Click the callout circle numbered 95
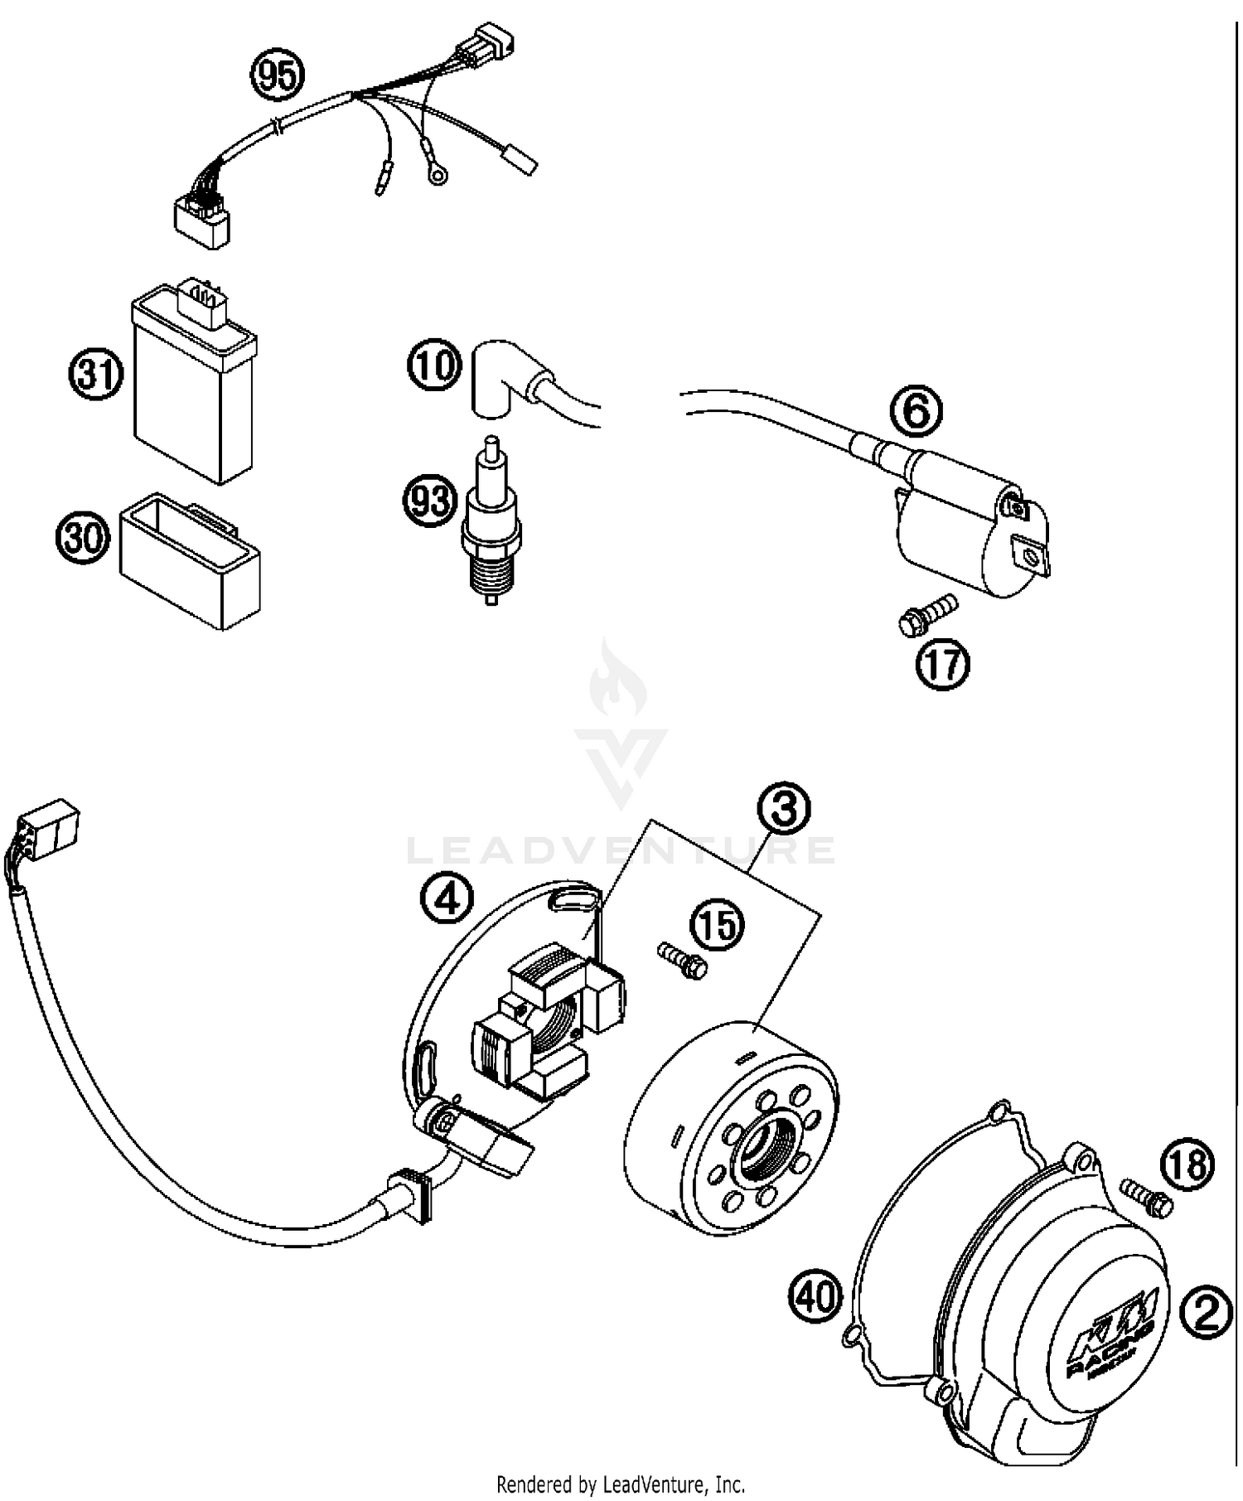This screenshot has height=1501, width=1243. coord(278,76)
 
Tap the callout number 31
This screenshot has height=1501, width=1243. coord(94,375)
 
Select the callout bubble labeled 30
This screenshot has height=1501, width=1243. coord(83,538)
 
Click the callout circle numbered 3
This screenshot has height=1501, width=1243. coord(784,810)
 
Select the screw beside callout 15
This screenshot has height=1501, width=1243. coord(682,960)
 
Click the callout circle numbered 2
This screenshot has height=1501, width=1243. coord(1206,1314)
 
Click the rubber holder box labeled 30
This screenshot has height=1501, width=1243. coord(191,561)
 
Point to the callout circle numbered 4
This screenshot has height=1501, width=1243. coord(447,898)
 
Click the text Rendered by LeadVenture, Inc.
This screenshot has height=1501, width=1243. coord(621,1483)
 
